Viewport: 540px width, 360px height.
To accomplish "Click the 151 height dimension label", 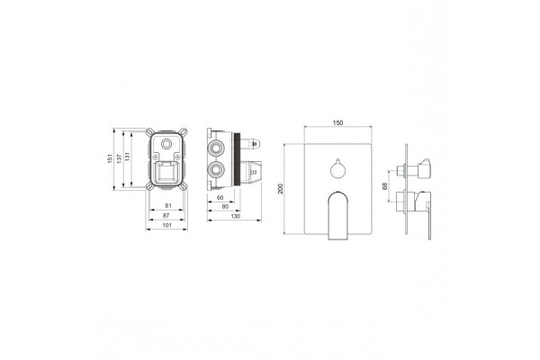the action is coord(110,158).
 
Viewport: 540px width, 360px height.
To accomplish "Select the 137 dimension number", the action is coord(119,158).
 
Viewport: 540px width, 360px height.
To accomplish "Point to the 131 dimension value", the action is coord(128,157).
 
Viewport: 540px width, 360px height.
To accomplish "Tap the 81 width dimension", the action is coord(168,206).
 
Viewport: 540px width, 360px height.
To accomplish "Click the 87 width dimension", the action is coord(166,215).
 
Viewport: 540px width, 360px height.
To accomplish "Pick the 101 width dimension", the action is coord(166,225).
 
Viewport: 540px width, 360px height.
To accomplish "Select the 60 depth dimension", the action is coord(220,197).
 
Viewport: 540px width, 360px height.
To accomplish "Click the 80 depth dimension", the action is coord(225,206).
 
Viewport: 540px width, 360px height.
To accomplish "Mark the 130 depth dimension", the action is coord(236,216).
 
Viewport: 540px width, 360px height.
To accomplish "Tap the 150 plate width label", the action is coord(337,122).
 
